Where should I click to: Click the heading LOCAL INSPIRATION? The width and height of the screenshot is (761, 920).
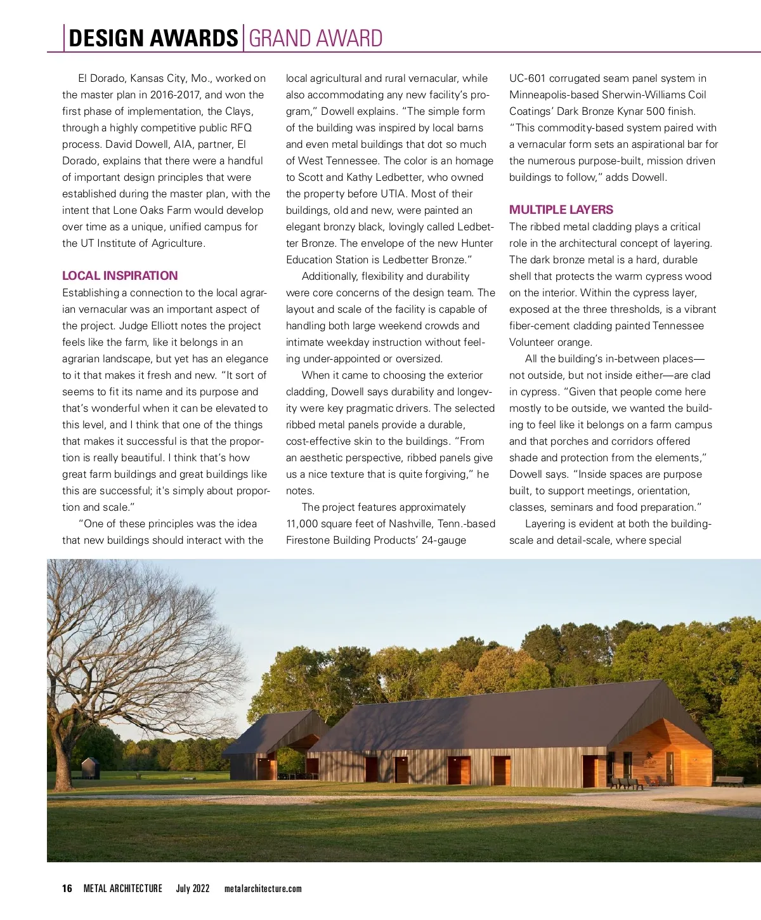pos(120,275)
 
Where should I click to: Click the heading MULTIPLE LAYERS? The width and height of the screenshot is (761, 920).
pos(561,209)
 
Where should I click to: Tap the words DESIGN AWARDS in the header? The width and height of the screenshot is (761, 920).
pos(153,39)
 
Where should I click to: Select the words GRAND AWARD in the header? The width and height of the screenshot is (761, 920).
pos(316,39)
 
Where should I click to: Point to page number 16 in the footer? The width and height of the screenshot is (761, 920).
pos(67,888)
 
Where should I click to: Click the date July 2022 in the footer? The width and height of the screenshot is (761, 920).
pos(193,888)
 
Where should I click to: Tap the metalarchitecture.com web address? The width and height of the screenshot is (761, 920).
pos(263,888)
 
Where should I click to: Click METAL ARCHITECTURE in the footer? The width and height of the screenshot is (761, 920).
pos(123,888)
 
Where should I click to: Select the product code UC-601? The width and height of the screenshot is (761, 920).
pos(528,78)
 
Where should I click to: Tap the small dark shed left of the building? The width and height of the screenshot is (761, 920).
pos(91,768)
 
